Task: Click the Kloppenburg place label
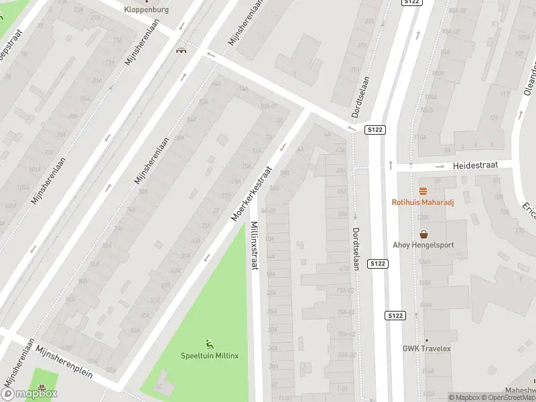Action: point(147,10)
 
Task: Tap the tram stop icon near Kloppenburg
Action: point(180,50)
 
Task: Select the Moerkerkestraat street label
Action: point(252,194)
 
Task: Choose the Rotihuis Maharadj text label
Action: point(423,202)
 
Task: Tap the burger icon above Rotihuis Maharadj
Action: point(423,191)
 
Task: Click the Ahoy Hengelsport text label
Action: point(423,245)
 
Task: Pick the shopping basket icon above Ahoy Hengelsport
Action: point(423,234)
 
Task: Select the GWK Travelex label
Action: point(426,348)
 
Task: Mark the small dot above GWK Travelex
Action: point(426,340)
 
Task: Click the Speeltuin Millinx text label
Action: point(210,355)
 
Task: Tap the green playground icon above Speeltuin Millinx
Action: point(210,344)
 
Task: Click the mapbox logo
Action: point(29,394)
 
